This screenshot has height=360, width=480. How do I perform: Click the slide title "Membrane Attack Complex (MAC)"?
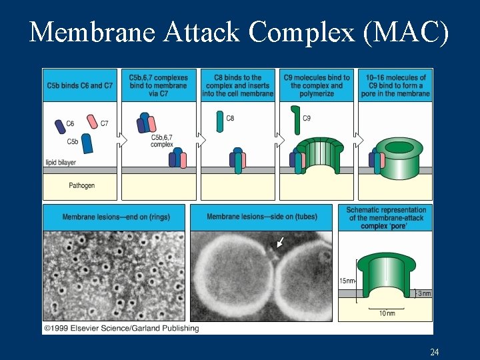(239, 31)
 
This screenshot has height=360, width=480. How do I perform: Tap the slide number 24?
(434, 351)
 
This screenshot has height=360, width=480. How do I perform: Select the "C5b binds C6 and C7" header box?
(79, 85)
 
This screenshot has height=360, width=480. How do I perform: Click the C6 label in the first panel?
(70, 123)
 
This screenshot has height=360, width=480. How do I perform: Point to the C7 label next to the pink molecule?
(104, 123)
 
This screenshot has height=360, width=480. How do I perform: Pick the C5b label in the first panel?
(73, 141)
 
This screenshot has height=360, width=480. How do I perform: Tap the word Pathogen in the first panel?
(81, 185)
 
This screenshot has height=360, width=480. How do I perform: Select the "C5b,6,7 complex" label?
(161, 141)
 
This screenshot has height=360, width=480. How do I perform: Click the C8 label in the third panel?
(230, 119)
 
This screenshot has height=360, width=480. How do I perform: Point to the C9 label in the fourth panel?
(307, 119)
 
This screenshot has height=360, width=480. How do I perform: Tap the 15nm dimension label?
(347, 281)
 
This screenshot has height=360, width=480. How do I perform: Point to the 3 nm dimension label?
(424, 293)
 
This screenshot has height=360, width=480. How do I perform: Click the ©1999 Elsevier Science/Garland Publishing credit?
(121, 328)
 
